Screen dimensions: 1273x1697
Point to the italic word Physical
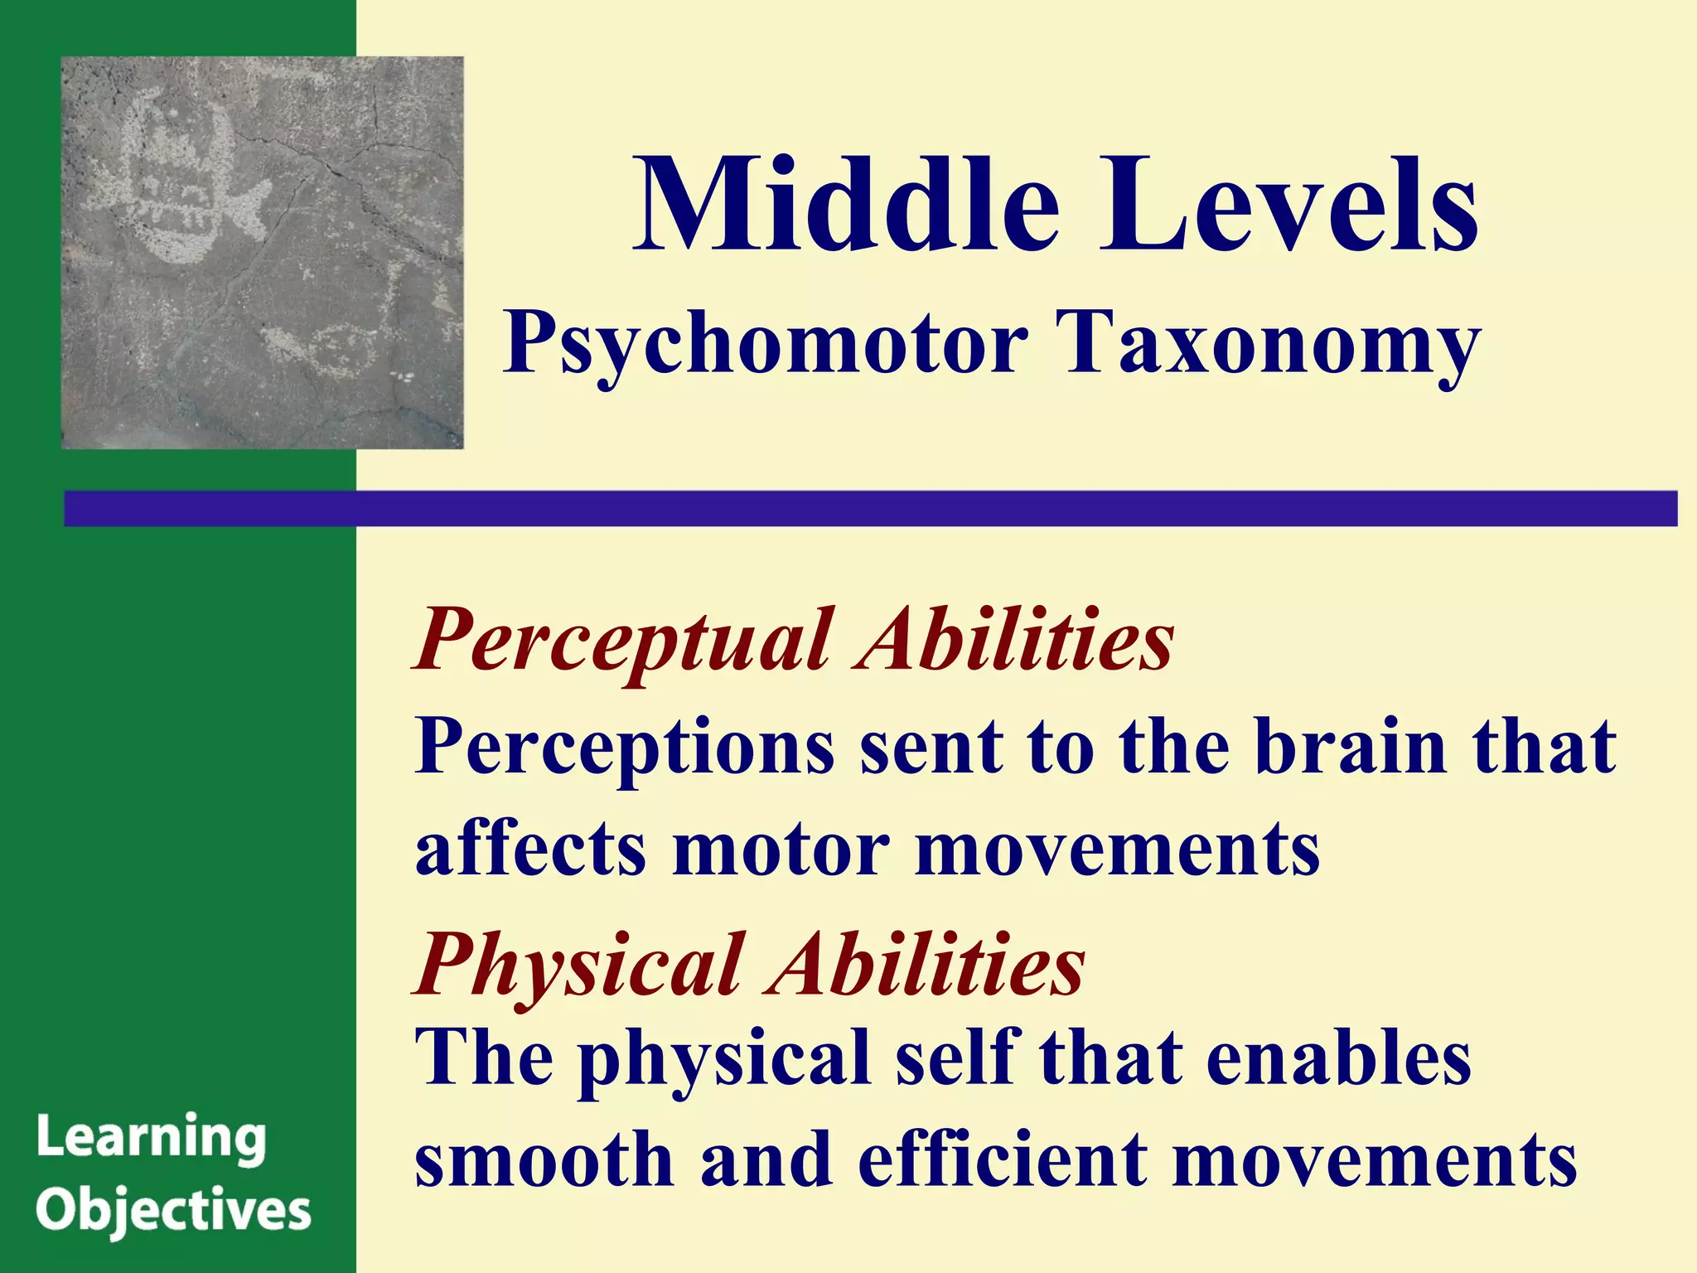coord(580,966)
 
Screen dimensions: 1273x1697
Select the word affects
coord(530,850)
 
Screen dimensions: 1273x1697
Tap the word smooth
coord(544,1159)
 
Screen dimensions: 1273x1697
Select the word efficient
coord(1003,1159)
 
